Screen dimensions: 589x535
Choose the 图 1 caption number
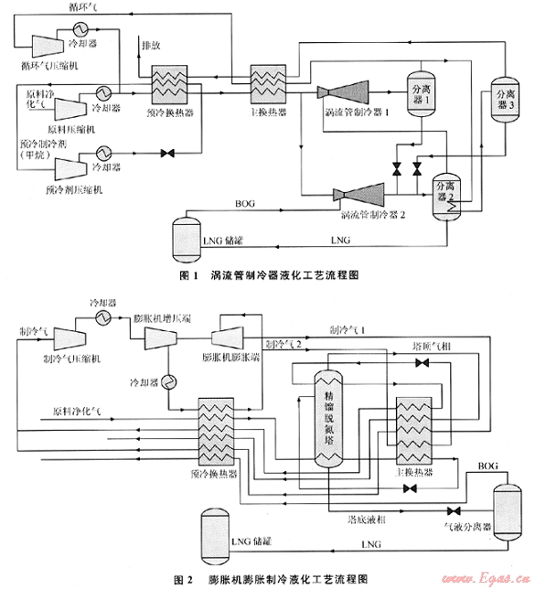pyautogui.click(x=185, y=276)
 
